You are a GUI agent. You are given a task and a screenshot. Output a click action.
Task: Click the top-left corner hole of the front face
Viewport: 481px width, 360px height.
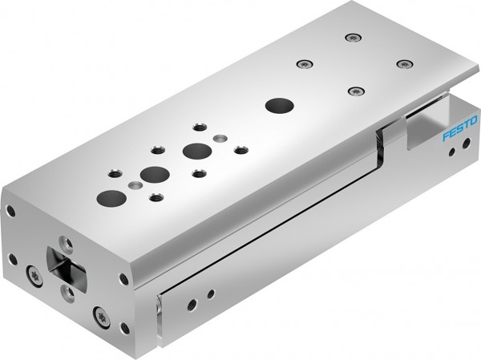(x=11, y=211)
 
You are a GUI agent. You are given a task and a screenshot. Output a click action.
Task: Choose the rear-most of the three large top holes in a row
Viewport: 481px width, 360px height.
(x=192, y=150)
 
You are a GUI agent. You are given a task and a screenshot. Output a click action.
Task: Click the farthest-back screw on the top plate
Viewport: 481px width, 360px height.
(x=350, y=37)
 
